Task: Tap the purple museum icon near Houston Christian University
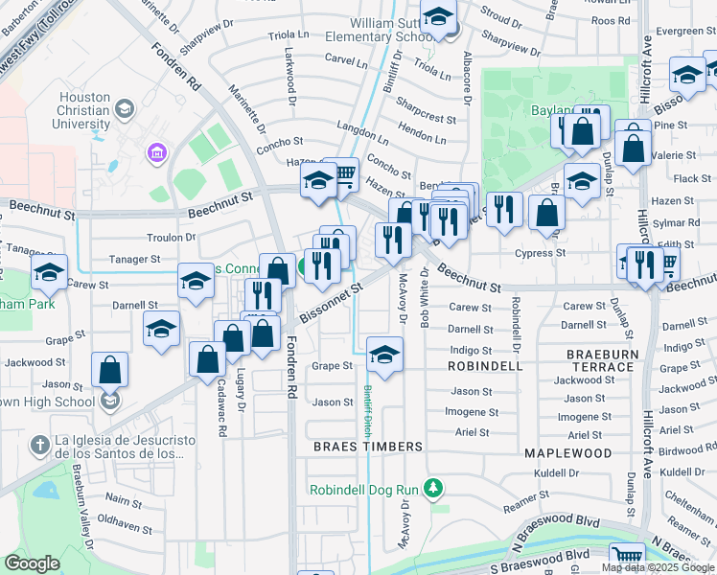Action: click(x=155, y=152)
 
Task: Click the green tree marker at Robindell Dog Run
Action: click(x=433, y=489)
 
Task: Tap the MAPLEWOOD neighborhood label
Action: click(x=567, y=452)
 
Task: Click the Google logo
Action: click(x=33, y=563)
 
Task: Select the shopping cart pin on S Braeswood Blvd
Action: click(x=627, y=556)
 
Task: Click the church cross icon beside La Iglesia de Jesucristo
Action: click(x=38, y=445)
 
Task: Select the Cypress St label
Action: click(x=543, y=254)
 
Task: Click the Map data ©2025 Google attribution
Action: click(x=658, y=567)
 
